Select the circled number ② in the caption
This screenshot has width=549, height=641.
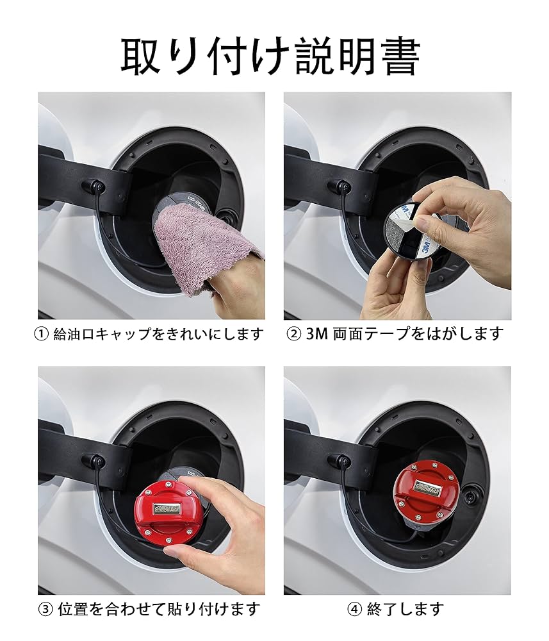tap(294, 334)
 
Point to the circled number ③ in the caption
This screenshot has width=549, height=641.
tap(45, 608)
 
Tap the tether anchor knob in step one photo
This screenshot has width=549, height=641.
tap(97, 186)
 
